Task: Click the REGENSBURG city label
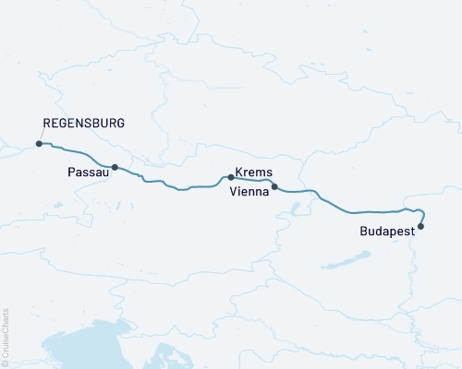coord(84,123)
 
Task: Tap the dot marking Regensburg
coord(38,144)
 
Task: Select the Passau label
coord(86,173)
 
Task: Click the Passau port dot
coord(115,167)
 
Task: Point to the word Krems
coord(252,173)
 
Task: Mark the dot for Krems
coord(230,176)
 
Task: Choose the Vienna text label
coord(248,192)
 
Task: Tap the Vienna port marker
coord(274,186)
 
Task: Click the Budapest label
coord(385,234)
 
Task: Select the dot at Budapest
coord(421,226)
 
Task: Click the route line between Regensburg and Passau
coord(79,153)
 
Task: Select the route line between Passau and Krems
coord(176,188)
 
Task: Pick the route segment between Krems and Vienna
coord(254,180)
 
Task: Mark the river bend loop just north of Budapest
coord(419,210)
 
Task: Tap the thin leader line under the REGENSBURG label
coord(42,137)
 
